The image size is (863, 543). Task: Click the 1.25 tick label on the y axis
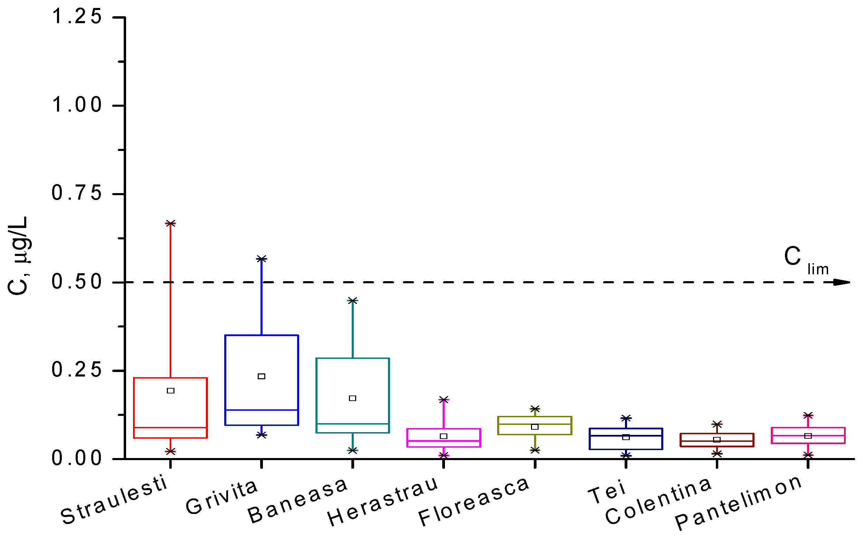tap(77, 17)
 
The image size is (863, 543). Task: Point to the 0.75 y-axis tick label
tap(77, 193)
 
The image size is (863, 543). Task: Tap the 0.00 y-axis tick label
tap(77, 458)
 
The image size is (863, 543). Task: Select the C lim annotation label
tap(805, 259)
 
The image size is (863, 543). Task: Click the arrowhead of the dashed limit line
tap(842, 283)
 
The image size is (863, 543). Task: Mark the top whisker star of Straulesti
tap(170, 223)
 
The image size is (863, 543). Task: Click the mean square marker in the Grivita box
tap(262, 377)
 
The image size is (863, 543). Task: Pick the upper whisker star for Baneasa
tap(353, 301)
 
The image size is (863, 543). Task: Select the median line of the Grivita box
tap(262, 410)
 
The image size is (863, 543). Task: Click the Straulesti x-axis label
tap(114, 500)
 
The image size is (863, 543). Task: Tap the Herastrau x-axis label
tap(383, 502)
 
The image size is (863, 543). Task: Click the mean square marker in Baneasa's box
tap(353, 398)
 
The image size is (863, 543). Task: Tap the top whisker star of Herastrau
tap(444, 400)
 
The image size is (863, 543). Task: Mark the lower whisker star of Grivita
tap(262, 435)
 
